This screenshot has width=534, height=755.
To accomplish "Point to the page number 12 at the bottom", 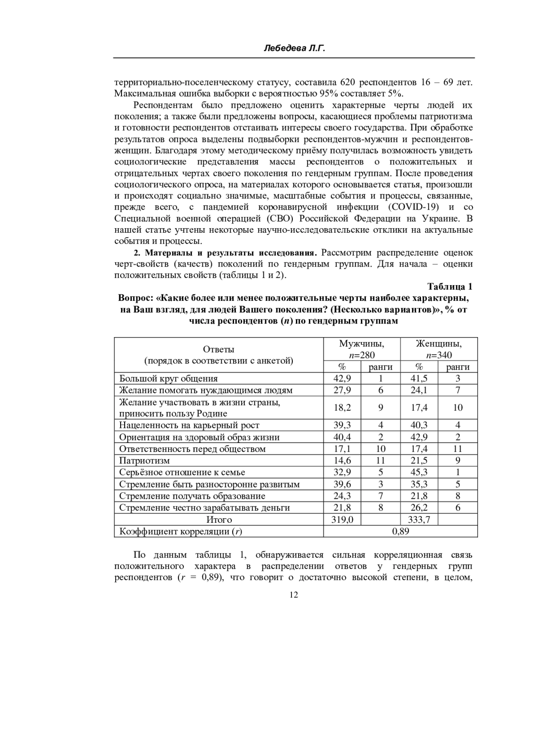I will (294, 595).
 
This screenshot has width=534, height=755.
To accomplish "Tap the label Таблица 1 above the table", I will (449, 287).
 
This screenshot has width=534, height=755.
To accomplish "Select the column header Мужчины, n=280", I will (361, 349).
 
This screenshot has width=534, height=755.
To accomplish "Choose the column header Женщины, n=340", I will (439, 349).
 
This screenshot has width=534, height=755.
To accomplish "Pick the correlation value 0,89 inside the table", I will (400, 531).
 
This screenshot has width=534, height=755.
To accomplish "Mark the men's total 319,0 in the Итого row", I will (342, 519).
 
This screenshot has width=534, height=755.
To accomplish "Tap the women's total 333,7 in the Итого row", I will (419, 519).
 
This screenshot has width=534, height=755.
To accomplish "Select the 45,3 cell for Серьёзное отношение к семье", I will (419, 472).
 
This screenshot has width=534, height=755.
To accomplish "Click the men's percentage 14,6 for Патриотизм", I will (342, 460).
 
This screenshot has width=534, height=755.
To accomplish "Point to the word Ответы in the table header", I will (218, 349).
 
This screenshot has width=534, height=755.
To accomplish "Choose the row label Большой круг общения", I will (169, 379).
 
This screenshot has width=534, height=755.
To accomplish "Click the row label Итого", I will (218, 519).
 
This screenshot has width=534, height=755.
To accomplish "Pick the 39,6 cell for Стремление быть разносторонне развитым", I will (342, 484).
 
